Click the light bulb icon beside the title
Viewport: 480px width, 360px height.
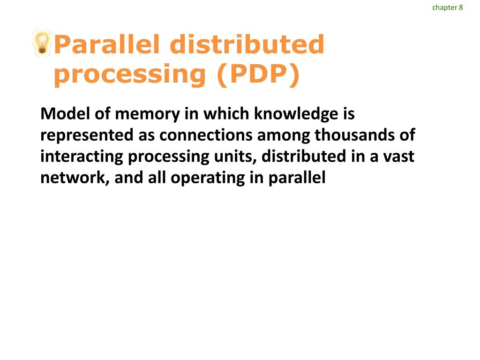tap(42, 43)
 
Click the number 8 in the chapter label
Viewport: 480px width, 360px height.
tap(461, 7)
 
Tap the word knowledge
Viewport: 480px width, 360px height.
tap(295, 113)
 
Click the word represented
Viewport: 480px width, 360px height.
tap(87, 135)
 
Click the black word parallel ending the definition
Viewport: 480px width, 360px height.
tap(297, 178)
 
